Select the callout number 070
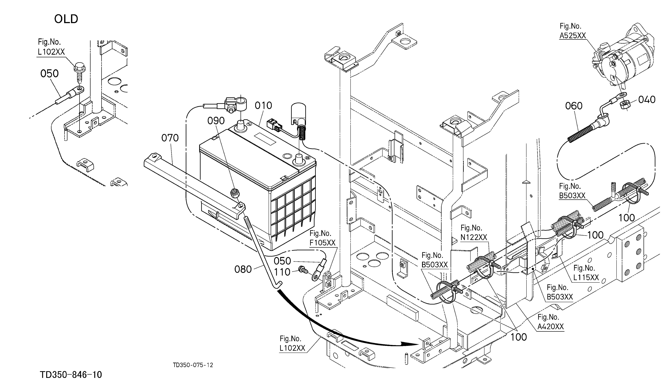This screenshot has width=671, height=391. tap(170, 138)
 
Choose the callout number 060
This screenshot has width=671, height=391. tap(574, 106)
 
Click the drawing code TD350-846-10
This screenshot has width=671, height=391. tap(71, 375)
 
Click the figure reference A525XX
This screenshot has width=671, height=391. tap(573, 36)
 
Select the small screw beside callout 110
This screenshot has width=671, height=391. tap(303, 270)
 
